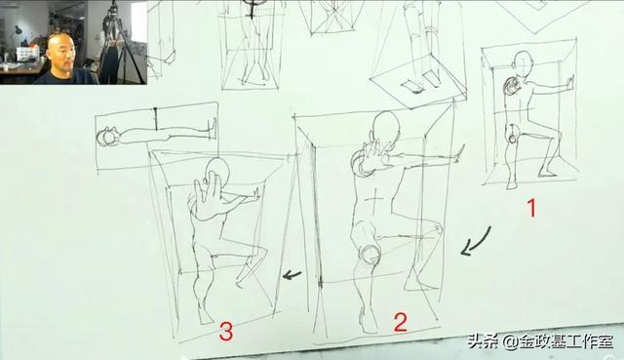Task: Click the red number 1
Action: pos(531,208)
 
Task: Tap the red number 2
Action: pos(401,323)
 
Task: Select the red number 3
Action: pos(226,332)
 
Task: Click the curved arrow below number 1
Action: pos(476,241)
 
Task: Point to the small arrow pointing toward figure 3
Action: pos(292,274)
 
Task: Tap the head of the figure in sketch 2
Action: pos(385,126)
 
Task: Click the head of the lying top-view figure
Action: pos(106,138)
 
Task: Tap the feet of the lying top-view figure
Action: pos(213,128)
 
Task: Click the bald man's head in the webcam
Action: pos(59,49)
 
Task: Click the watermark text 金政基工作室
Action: pos(566,341)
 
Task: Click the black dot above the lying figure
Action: pos(155,108)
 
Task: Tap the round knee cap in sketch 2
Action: pos(370,254)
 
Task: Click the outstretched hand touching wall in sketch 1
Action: pos(569,82)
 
